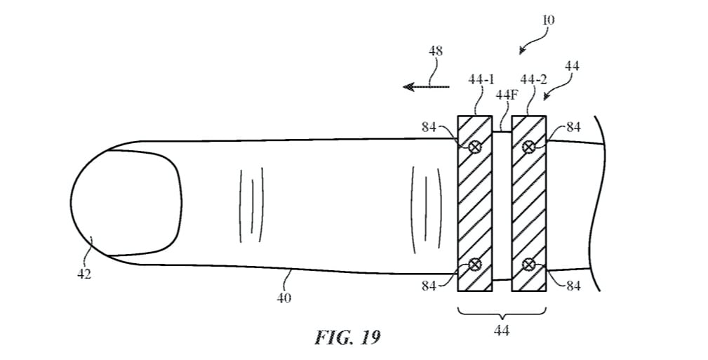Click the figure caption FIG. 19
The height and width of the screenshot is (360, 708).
click(347, 338)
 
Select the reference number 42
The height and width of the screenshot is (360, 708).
click(84, 274)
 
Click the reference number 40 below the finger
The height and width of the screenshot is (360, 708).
click(284, 298)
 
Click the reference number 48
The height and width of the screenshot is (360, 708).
click(435, 51)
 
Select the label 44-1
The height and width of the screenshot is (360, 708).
click(481, 80)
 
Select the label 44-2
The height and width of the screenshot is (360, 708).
click(534, 80)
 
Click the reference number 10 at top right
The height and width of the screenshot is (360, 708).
click(548, 20)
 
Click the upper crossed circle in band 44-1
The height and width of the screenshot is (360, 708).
click(475, 147)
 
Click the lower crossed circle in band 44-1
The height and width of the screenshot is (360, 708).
click(475, 264)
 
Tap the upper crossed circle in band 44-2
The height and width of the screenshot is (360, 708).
click(529, 147)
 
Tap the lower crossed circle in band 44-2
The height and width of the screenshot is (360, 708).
click(529, 264)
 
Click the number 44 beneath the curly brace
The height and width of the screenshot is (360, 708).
click(502, 328)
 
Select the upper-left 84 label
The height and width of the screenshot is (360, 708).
click(429, 127)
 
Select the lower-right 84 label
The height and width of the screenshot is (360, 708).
click(573, 286)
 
